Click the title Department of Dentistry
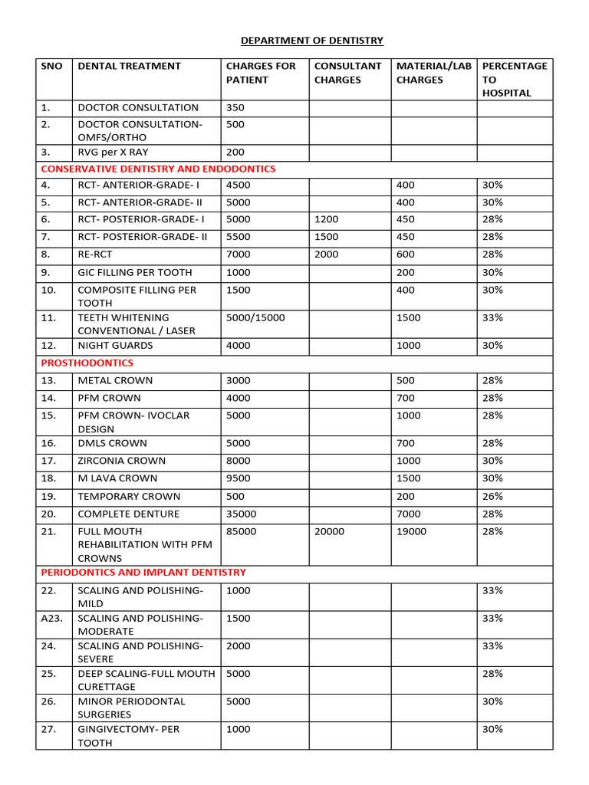pos(312,40)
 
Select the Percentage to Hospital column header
pos(514,79)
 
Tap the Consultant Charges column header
pos(347,72)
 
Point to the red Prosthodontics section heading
pos(87,363)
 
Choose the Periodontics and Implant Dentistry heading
pos(143,572)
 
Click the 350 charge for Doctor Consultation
pos(235,107)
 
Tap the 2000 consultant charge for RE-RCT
pos(326,255)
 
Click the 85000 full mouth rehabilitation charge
pos(241,530)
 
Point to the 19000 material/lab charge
pos(411,530)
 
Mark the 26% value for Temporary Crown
pos(492,496)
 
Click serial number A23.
pos(52,618)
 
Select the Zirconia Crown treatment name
pos(121,461)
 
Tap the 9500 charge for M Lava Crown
pos(238,478)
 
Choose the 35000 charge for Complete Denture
pos(241,514)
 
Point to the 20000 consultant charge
pos(329,530)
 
